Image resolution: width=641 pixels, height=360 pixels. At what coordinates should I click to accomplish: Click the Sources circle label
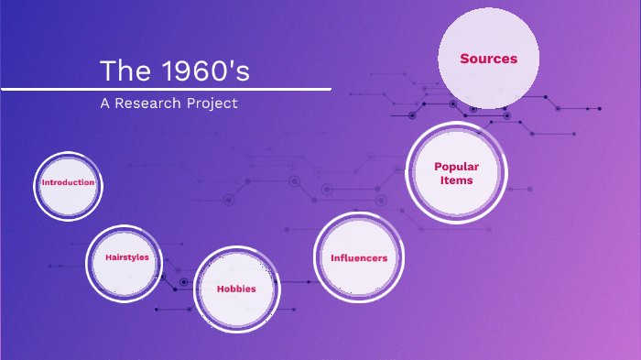click(x=488, y=59)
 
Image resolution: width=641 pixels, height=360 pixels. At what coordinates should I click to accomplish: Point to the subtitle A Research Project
click(x=168, y=104)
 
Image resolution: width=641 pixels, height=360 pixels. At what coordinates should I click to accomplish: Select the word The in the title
click(x=118, y=71)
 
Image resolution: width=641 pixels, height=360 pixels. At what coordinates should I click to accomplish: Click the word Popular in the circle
click(x=456, y=167)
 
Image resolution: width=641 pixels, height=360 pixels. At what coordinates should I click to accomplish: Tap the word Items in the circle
click(x=456, y=180)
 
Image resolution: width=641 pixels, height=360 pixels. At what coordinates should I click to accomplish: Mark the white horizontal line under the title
click(x=165, y=89)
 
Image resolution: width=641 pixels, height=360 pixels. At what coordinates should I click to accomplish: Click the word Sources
click(x=488, y=59)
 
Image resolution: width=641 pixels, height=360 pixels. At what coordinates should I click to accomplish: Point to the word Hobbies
click(x=236, y=289)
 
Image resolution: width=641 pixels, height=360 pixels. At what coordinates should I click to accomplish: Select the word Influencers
click(x=359, y=257)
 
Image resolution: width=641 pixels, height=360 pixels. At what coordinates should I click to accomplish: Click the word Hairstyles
click(x=126, y=257)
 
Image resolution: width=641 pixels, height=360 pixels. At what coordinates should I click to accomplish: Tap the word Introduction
click(x=68, y=182)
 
